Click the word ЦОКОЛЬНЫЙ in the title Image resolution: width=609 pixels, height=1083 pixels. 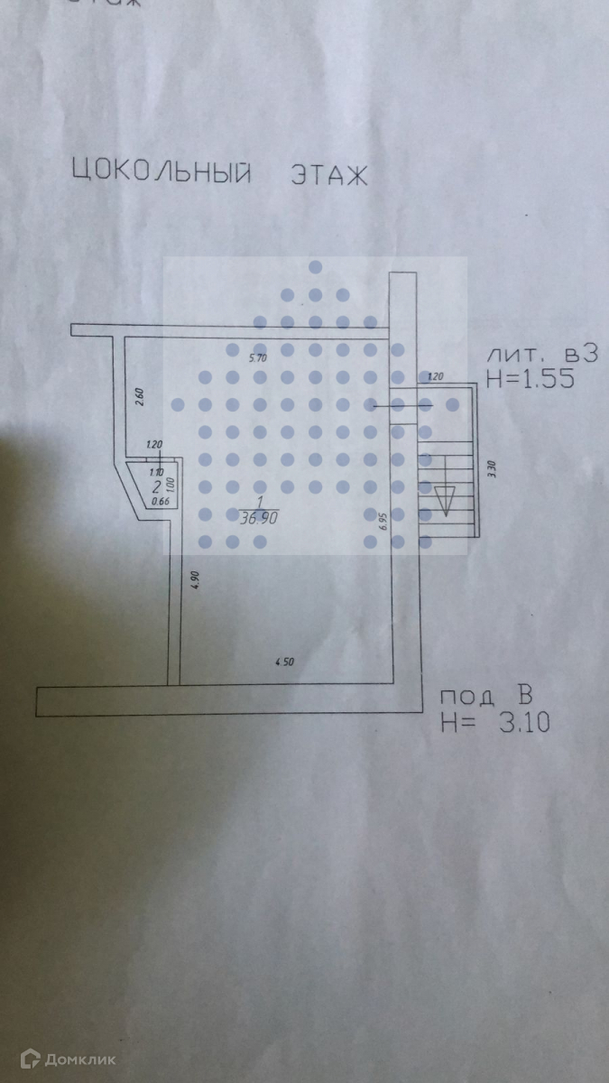pyautogui.click(x=160, y=173)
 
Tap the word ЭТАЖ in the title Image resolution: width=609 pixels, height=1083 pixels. pyautogui.click(x=328, y=173)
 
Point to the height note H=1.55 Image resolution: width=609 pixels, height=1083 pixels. pyautogui.click(x=529, y=379)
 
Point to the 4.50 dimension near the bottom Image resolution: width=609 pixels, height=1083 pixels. pyautogui.click(x=284, y=662)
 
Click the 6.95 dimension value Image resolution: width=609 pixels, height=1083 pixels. pyautogui.click(x=383, y=522)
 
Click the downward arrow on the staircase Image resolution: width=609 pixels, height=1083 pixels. pyautogui.click(x=444, y=498)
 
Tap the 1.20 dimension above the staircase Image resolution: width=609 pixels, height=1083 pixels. pyautogui.click(x=436, y=376)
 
